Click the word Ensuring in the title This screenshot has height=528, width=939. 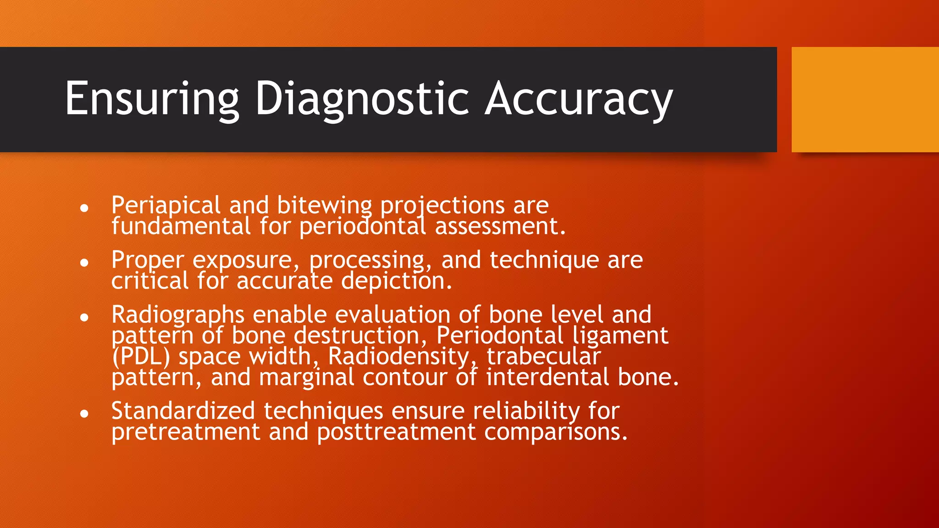(x=152, y=99)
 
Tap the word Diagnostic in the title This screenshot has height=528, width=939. (x=362, y=99)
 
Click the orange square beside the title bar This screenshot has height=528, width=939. (x=865, y=99)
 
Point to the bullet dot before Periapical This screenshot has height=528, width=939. (x=84, y=208)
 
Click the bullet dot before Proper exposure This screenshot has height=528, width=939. (x=84, y=263)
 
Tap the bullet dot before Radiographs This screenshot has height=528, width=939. (x=84, y=317)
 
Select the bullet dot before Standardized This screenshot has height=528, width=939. (x=84, y=414)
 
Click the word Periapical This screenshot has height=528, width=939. (x=166, y=205)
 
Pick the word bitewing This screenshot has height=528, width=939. (x=324, y=205)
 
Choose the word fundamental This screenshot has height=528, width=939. (x=181, y=226)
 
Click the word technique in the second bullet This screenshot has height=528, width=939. (x=544, y=260)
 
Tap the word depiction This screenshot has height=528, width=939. (x=396, y=280)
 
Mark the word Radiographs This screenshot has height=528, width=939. (x=178, y=314)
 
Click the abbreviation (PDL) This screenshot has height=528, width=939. (x=141, y=357)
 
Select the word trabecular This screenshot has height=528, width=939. (x=543, y=357)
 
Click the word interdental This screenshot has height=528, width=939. (x=547, y=377)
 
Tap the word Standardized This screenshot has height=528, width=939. (x=183, y=411)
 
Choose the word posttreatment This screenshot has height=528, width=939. (x=396, y=432)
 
